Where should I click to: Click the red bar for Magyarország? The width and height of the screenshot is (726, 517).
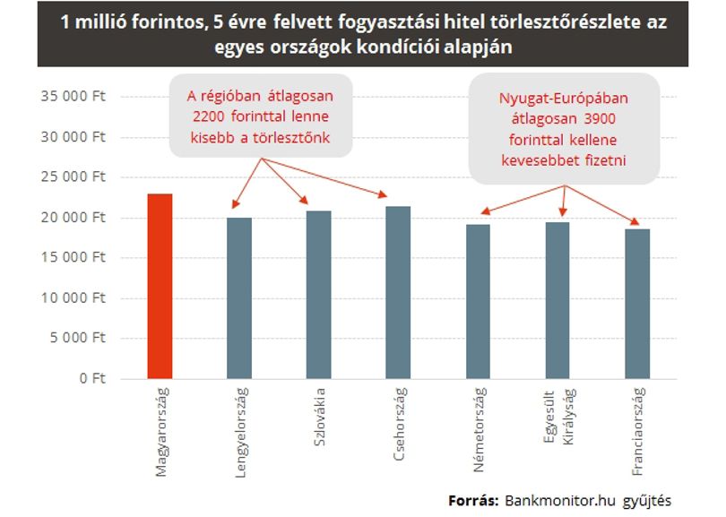tap(160, 286)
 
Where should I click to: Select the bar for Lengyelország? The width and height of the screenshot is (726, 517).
tap(239, 298)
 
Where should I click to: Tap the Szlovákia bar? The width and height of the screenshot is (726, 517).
tap(319, 295)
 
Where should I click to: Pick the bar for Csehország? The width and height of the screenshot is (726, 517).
tap(398, 292)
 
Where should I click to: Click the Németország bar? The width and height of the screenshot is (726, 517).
tap(478, 302)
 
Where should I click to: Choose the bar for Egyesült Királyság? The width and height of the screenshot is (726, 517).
tap(557, 300)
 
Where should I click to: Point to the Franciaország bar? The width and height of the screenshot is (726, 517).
tap(637, 304)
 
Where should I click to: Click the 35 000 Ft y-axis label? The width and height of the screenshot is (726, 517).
tap(73, 96)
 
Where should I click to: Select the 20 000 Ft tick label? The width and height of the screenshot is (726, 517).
tap(73, 218)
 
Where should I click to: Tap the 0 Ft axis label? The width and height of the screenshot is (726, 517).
tap(92, 379)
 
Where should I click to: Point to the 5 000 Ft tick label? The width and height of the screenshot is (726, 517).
tap(78, 338)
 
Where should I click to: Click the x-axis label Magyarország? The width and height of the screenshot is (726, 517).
tap(161, 432)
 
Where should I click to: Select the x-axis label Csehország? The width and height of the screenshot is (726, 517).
tap(399, 424)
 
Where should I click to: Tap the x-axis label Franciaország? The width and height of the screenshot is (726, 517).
tap(638, 431)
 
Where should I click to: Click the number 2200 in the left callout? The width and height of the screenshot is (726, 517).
tap(208, 116)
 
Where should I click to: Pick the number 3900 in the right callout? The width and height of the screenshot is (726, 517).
tap(600, 119)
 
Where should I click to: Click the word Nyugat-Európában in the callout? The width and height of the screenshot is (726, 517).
tap(564, 99)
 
